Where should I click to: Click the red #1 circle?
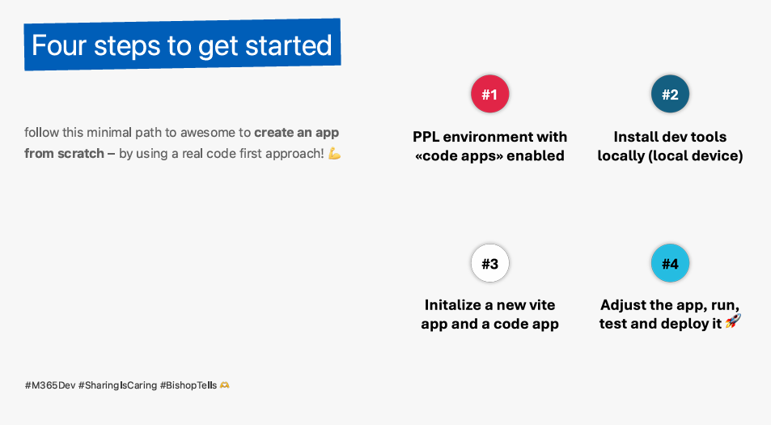[489, 94]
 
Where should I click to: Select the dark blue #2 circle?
[670, 94]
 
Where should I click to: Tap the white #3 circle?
[489, 263]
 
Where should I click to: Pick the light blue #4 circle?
[670, 263]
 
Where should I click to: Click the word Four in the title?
[59, 46]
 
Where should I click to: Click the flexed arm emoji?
[334, 154]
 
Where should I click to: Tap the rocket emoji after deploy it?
[733, 321]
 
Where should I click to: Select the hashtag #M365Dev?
[50, 385]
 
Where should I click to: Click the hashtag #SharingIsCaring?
[117, 385]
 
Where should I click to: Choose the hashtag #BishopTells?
[189, 385]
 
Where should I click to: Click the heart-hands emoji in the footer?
[224, 385]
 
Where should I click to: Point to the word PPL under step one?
[426, 137]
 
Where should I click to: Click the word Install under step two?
[633, 137]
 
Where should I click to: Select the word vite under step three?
[539, 305]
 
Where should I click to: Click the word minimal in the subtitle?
[109, 132]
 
